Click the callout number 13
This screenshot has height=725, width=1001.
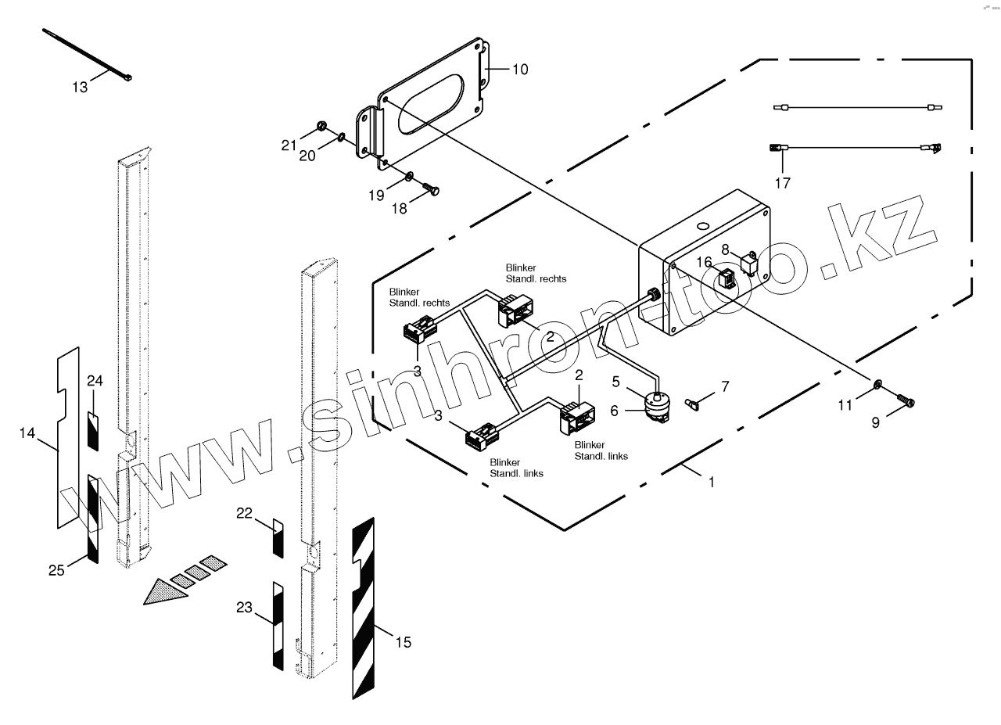[x=81, y=87]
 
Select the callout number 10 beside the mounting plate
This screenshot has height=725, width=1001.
[x=520, y=70]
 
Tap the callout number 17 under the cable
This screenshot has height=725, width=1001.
[x=782, y=183]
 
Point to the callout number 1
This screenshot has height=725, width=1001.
[x=711, y=483]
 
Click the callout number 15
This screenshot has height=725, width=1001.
[x=403, y=642]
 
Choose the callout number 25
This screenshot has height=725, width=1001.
[x=56, y=570]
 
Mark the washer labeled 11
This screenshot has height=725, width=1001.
[x=877, y=383]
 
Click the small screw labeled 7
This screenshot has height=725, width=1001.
[x=693, y=404]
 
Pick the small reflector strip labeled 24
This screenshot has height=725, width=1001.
[x=93, y=431]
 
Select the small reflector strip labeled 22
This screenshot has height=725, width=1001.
[x=278, y=537]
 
